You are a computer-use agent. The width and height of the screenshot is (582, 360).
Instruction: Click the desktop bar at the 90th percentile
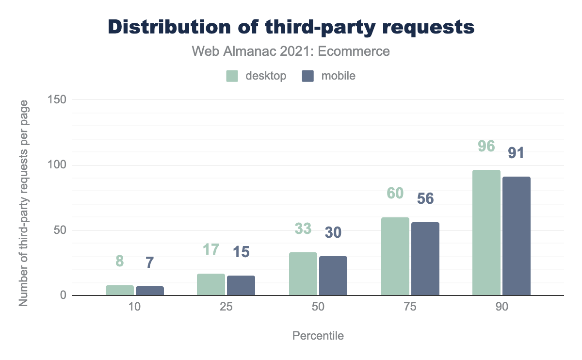point(486,233)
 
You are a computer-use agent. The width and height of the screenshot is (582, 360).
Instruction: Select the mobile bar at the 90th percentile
point(517,236)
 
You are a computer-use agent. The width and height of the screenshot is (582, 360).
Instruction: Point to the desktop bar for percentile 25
point(211,285)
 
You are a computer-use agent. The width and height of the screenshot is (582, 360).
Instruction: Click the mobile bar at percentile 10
point(150,291)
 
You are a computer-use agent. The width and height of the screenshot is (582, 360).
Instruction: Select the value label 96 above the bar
point(486,146)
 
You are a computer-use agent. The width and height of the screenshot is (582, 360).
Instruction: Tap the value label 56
point(425,198)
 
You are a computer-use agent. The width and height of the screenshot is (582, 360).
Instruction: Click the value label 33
point(303,229)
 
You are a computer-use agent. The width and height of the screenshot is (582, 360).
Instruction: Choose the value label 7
point(150,262)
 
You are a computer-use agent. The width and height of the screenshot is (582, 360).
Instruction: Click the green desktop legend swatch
point(232,76)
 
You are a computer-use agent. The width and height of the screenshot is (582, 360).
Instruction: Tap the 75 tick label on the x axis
point(410,309)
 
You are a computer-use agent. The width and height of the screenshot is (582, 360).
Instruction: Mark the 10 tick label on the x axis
point(134,309)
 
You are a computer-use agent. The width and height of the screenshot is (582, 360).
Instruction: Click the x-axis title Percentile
point(318,336)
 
